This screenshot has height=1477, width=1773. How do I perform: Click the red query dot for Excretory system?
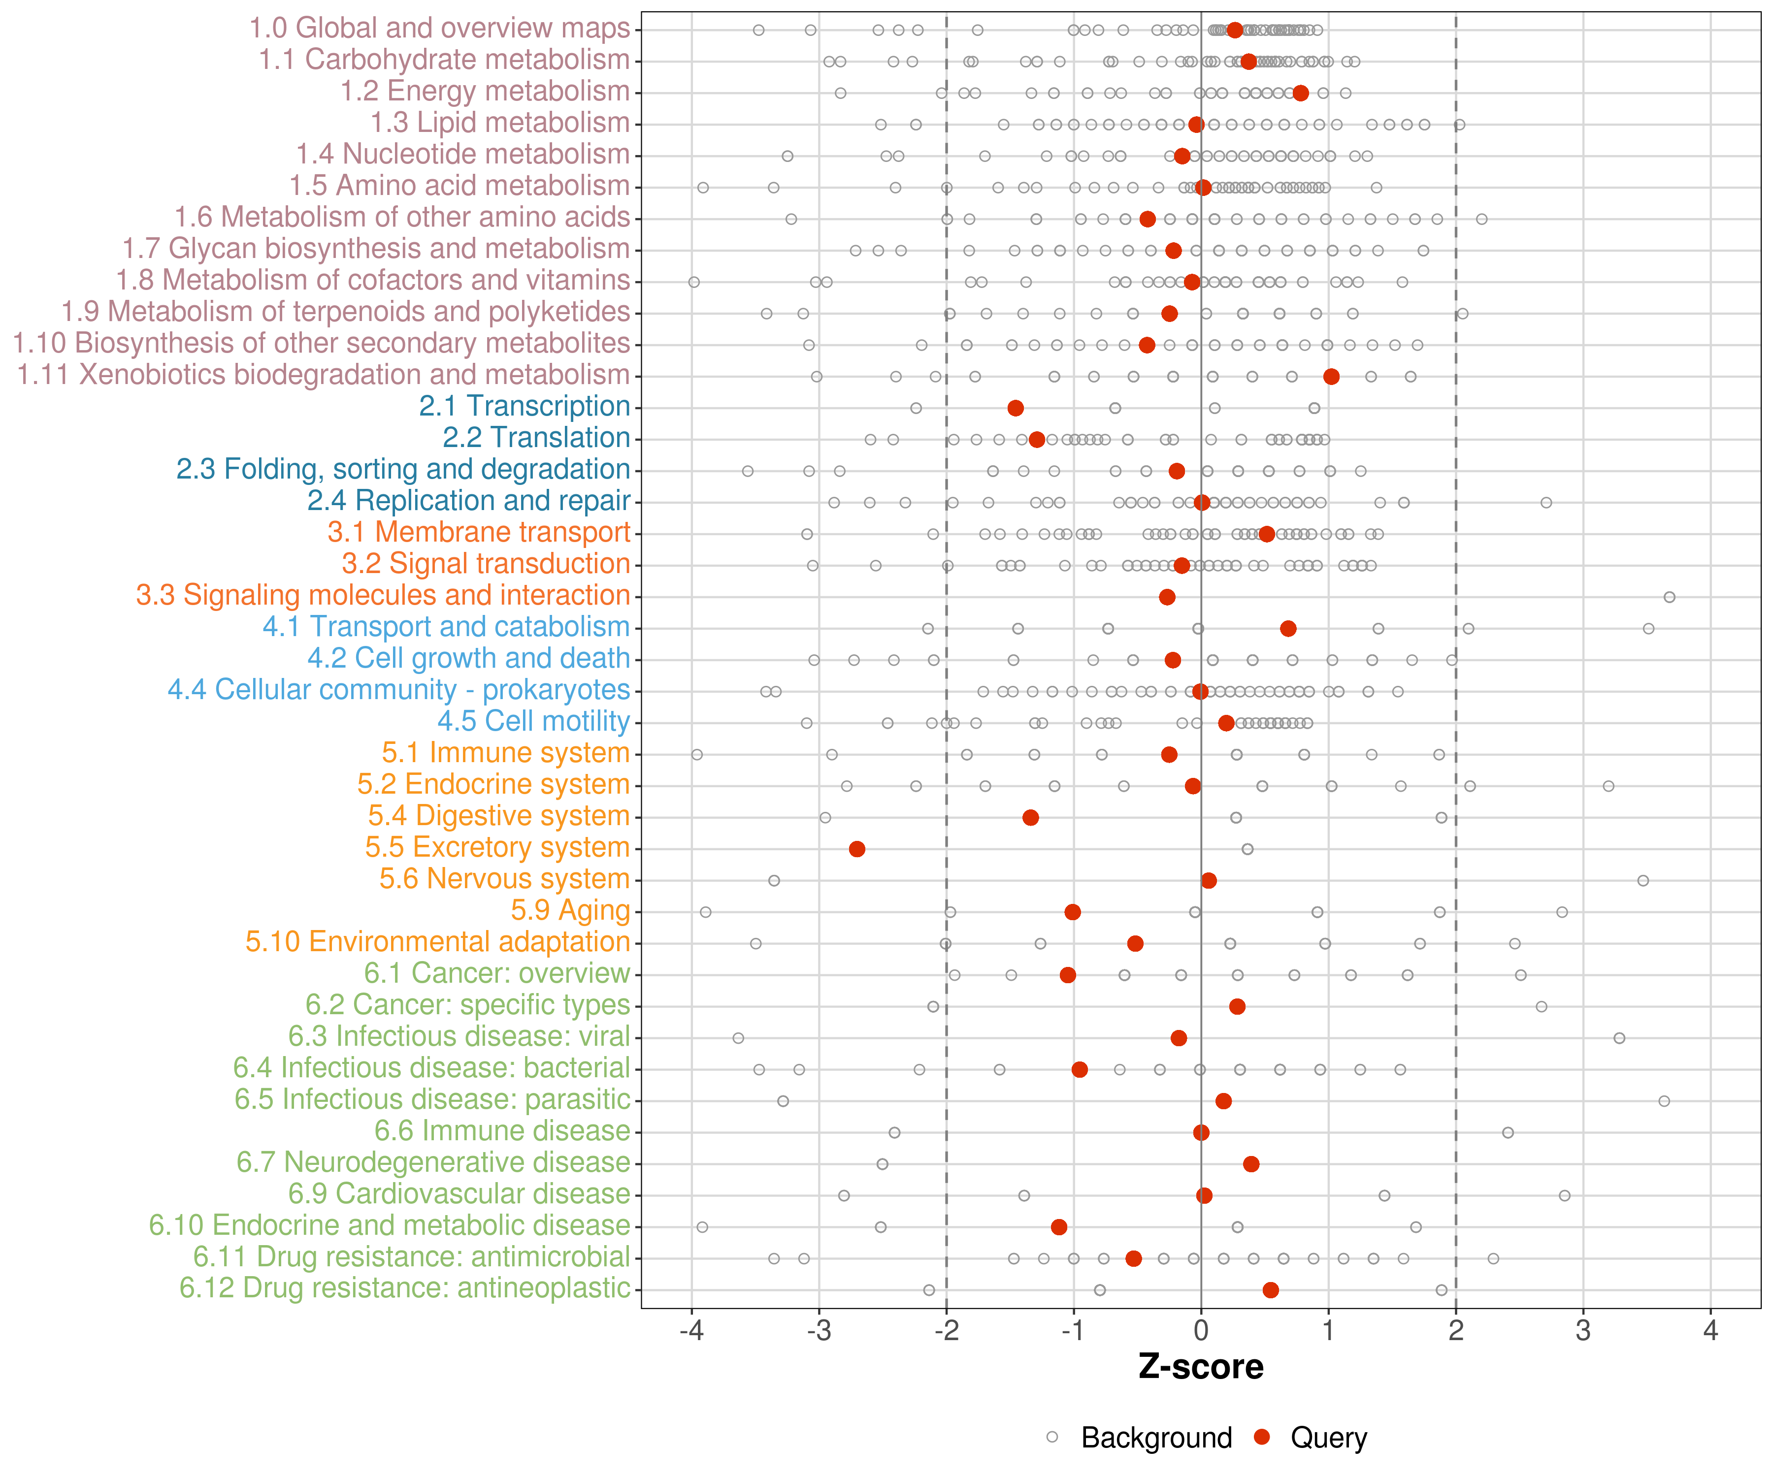(x=857, y=849)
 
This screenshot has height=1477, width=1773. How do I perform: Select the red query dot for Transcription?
(x=1016, y=409)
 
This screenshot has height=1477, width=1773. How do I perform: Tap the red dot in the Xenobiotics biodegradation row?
(x=1331, y=377)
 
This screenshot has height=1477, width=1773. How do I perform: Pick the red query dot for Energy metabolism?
(x=1301, y=93)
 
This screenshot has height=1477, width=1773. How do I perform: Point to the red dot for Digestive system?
(x=1031, y=818)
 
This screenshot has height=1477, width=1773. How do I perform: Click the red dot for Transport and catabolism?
(x=1288, y=629)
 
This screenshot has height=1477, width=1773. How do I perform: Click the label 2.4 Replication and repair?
(x=468, y=501)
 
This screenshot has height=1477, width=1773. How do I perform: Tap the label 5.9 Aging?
(x=571, y=911)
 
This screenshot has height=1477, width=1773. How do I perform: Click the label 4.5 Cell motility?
(x=533, y=722)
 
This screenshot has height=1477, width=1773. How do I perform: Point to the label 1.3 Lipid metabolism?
(x=500, y=123)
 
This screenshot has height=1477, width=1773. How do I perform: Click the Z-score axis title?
(x=1201, y=1367)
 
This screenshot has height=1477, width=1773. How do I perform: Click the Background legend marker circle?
(x=1052, y=1437)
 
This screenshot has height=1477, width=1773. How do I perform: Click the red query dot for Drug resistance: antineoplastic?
(x=1271, y=1289)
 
